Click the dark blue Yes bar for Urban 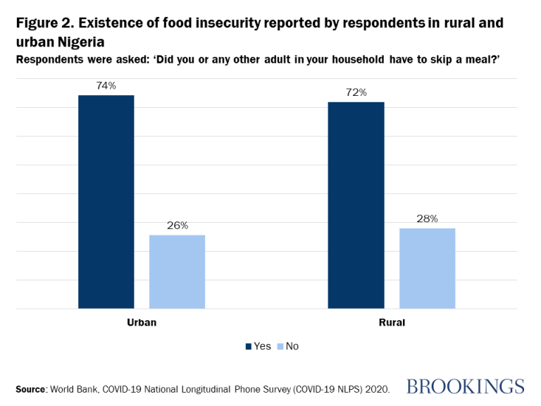coord(106,202)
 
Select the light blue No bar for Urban coord(177,271)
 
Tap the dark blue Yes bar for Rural coord(356,205)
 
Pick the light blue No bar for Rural coord(427,268)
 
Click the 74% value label coord(106,85)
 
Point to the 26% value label coord(177,226)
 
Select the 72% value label coord(356,92)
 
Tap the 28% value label coord(427,219)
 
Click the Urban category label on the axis coord(141,323)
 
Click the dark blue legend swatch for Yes coord(248,346)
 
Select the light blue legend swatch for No coord(280,346)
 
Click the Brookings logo coord(466,386)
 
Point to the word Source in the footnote coord(30,388)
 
